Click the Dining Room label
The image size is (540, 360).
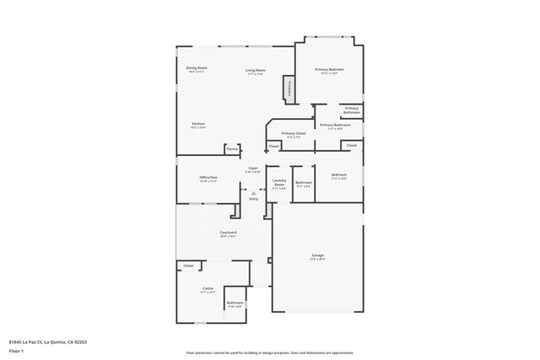point(197,67)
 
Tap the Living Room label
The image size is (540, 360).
point(256,70)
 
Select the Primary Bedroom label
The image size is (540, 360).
point(329,69)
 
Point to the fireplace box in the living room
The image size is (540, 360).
point(289,88)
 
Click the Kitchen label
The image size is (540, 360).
point(198,124)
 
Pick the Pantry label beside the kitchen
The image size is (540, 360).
point(231,149)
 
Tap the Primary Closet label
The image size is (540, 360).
point(294,133)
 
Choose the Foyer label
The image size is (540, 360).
point(253,169)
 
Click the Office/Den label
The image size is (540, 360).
point(208,177)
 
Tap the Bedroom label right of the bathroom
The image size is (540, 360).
point(339,175)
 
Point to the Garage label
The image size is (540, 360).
point(317,255)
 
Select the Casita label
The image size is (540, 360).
point(207,289)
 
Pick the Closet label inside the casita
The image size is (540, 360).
point(187,266)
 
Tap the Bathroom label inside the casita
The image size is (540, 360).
point(235,303)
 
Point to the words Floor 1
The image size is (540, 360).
point(17,350)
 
